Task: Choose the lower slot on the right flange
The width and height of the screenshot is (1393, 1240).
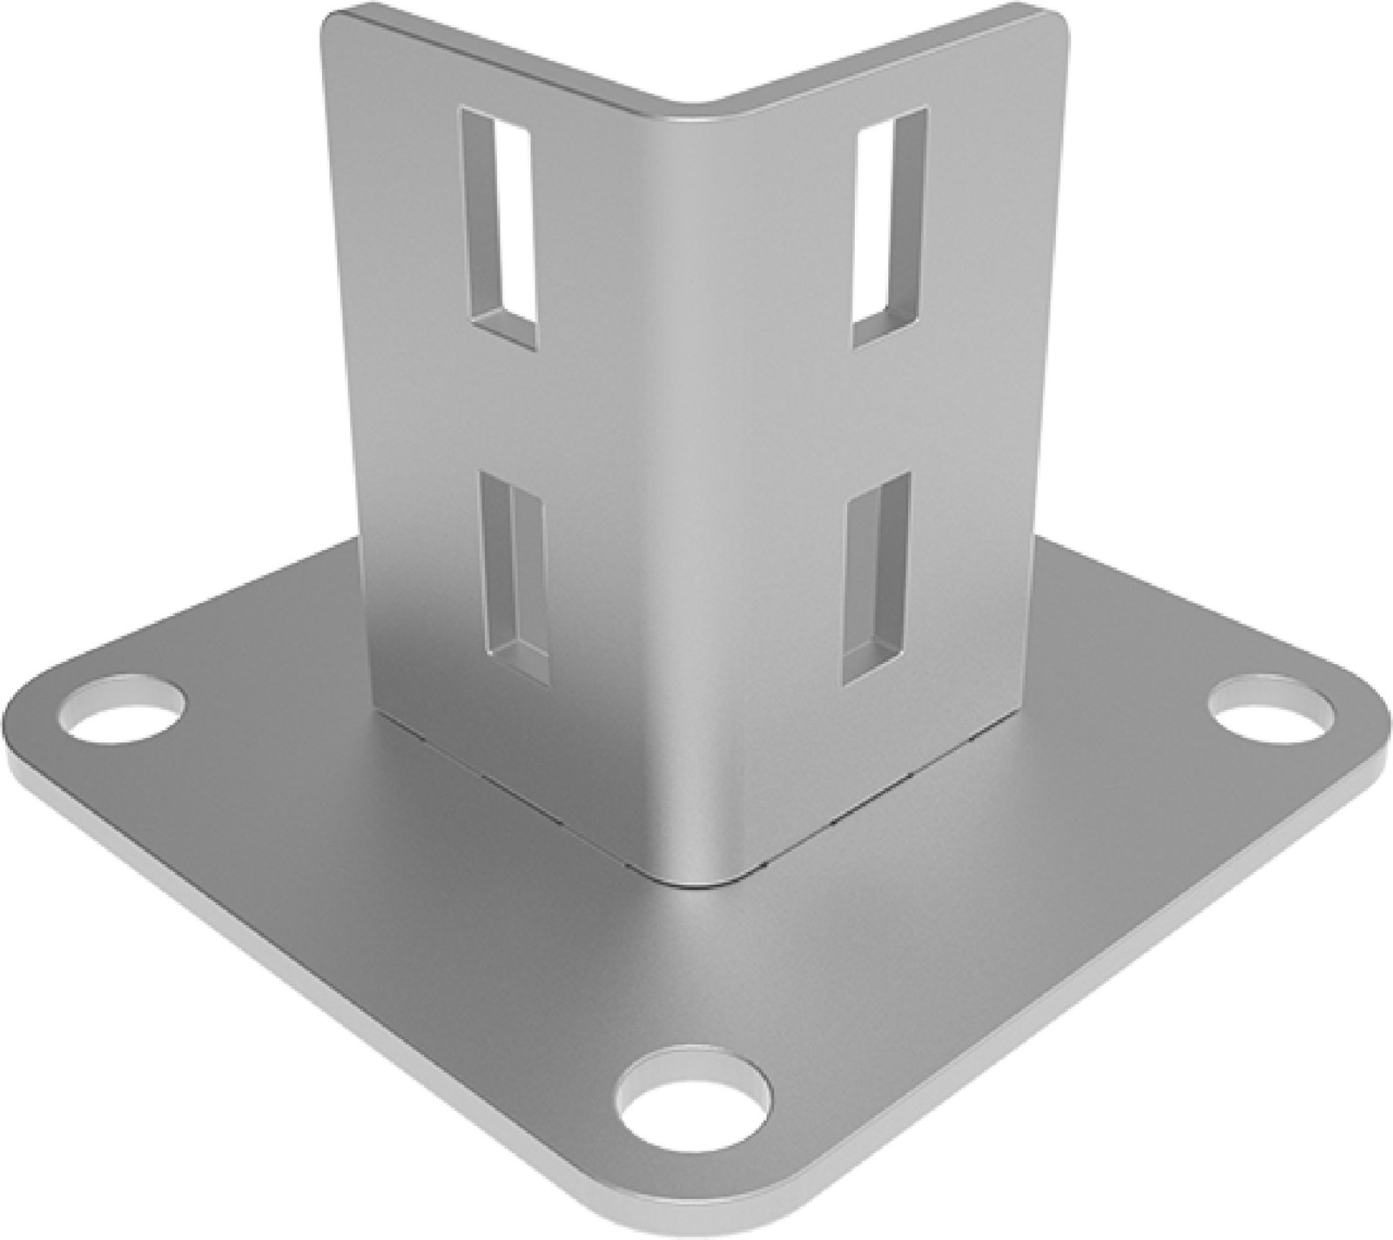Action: click(x=877, y=578)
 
